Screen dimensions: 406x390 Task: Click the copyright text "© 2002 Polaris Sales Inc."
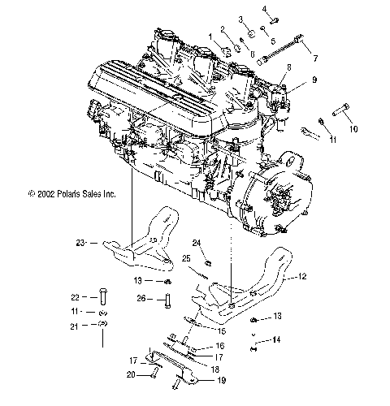61,194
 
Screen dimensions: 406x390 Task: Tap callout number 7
315,58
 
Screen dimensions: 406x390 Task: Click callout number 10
353,128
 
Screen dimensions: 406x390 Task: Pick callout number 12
303,277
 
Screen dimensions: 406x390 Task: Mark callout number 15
224,330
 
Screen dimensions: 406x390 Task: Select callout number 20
131,374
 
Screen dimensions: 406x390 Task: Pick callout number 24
197,242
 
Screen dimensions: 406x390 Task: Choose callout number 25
186,258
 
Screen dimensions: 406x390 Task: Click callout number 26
141,298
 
